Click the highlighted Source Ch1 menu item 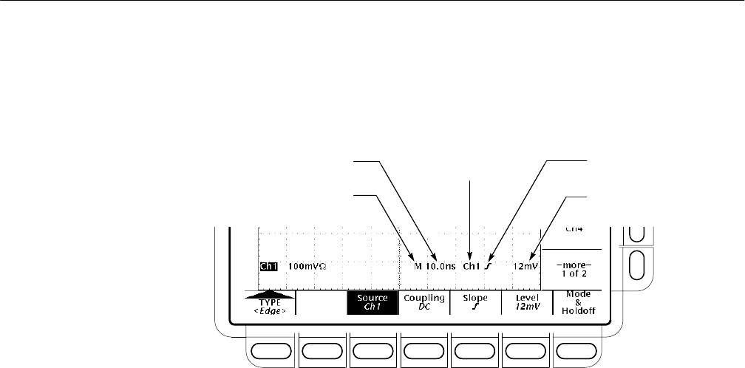(372, 303)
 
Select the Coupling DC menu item (423, 303)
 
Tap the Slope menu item (474, 303)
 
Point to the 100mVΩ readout (307, 265)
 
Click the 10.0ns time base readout (440, 265)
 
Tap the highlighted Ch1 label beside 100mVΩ (268, 265)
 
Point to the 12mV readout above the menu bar (527, 265)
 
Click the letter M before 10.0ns (418, 265)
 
